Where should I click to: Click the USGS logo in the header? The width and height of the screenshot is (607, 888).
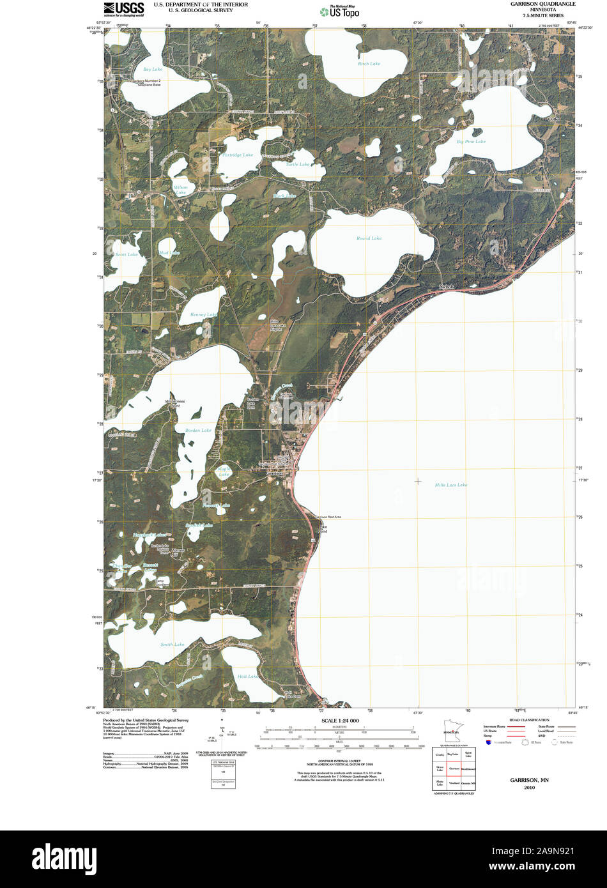click(x=124, y=8)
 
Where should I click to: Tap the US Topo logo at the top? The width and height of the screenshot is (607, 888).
click(x=343, y=11)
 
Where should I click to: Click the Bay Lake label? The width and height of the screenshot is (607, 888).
click(x=153, y=69)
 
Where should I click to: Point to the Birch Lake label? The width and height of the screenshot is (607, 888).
click(x=369, y=64)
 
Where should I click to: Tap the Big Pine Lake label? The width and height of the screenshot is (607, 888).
click(x=471, y=141)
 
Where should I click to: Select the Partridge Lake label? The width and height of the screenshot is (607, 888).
click(x=238, y=155)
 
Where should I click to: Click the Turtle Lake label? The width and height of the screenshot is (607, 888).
click(x=298, y=165)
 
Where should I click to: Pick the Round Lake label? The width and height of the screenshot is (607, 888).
click(x=369, y=238)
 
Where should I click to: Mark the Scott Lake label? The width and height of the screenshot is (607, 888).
click(x=127, y=255)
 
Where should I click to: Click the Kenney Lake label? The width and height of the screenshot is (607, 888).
click(x=204, y=315)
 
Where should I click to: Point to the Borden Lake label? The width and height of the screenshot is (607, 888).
click(x=198, y=431)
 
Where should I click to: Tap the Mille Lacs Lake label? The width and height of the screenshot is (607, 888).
click(x=450, y=485)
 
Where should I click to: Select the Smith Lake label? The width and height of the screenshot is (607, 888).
click(x=173, y=645)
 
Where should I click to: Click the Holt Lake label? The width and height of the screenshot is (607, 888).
click(x=247, y=677)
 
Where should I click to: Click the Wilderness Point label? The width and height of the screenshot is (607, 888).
click(x=175, y=404)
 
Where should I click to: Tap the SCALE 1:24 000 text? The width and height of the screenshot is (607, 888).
click(x=340, y=721)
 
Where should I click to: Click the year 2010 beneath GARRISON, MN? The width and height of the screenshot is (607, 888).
click(x=529, y=788)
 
